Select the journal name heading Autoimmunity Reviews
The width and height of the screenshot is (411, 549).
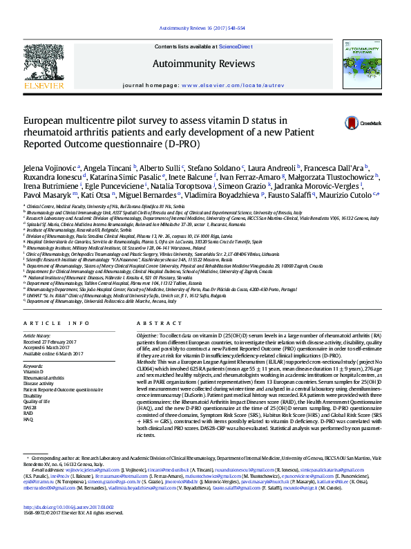tap(205, 64)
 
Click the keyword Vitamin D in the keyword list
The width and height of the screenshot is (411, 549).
tap(33, 371)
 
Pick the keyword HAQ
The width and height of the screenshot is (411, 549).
tap(29, 420)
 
